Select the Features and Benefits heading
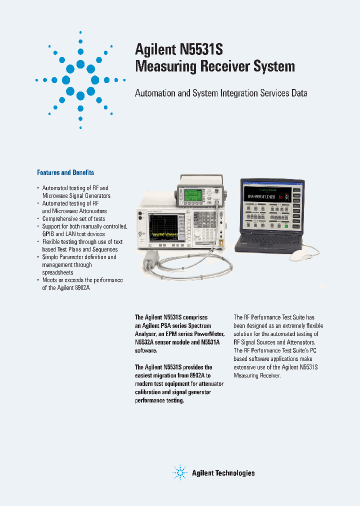point(65,172)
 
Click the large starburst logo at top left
point(80,80)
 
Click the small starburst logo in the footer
point(180,472)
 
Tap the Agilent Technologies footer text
point(223,473)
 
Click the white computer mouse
point(300,255)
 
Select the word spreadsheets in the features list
point(57,272)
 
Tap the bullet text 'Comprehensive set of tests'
point(73,218)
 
